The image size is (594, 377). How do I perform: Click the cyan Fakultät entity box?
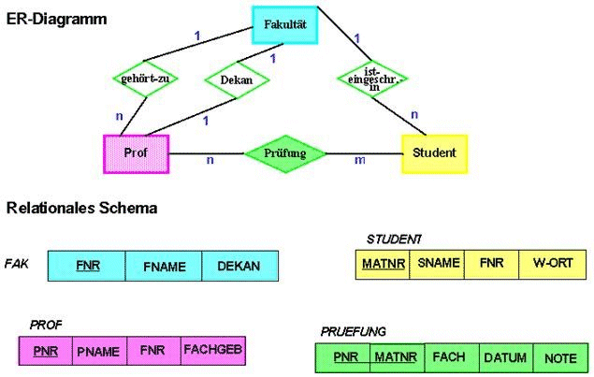pyautogui.click(x=286, y=24)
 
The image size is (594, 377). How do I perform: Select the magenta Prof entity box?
pyautogui.click(x=136, y=152)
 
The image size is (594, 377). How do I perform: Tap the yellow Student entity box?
pyautogui.click(x=434, y=152)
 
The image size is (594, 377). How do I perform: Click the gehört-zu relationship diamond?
pyautogui.click(x=144, y=79)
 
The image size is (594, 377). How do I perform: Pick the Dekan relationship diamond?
pyautogui.click(x=236, y=80)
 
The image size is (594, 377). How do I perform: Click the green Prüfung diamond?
pyautogui.click(x=286, y=152)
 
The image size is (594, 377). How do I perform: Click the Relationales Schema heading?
pyautogui.click(x=81, y=208)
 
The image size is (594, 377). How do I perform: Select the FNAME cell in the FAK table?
pyautogui.click(x=164, y=267)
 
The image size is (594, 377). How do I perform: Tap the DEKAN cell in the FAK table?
pyautogui.click(x=239, y=267)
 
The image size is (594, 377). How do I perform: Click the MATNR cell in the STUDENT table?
pyautogui.click(x=384, y=264)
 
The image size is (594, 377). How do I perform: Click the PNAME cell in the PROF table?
pyautogui.click(x=98, y=351)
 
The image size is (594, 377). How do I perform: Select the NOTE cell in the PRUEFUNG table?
pyautogui.click(x=560, y=357)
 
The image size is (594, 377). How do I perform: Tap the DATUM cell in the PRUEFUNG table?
pyautogui.click(x=505, y=357)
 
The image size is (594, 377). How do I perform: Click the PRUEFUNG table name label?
pyautogui.click(x=354, y=331)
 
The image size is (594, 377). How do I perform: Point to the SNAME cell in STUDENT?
pyautogui.click(x=438, y=264)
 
